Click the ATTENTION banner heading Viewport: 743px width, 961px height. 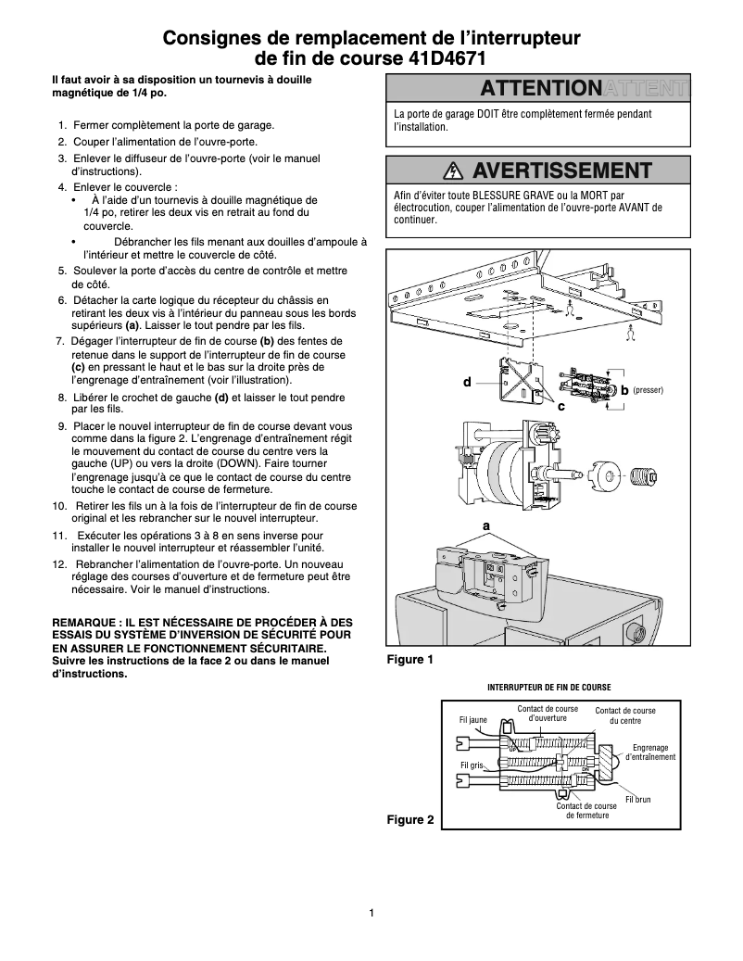coord(540,89)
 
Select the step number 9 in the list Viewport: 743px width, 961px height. coord(61,426)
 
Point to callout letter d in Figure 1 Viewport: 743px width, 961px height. coord(468,382)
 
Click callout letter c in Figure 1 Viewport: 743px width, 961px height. coord(560,406)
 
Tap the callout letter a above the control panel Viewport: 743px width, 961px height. coord(485,525)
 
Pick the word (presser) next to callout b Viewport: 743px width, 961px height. coord(648,391)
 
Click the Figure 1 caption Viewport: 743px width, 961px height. coord(409,660)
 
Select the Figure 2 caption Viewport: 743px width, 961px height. coord(409,820)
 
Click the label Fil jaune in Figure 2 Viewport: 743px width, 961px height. coord(472,718)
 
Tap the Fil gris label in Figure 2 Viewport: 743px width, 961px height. coord(472,765)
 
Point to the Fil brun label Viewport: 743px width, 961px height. coord(638,799)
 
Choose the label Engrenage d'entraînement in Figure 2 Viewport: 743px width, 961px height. coord(650,752)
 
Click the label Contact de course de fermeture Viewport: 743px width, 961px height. coord(586,811)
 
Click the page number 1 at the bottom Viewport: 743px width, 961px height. coord(371,914)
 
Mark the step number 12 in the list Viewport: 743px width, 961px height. coord(59,564)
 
